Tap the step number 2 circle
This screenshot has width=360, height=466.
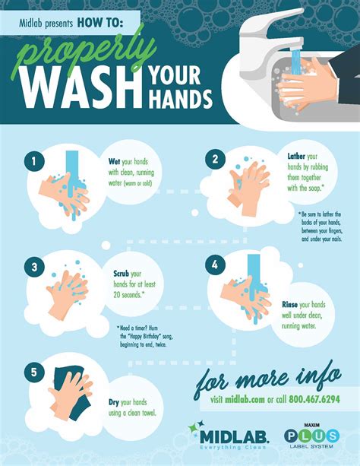[x=215, y=160]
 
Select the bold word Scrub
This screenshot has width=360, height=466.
[x=122, y=273]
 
